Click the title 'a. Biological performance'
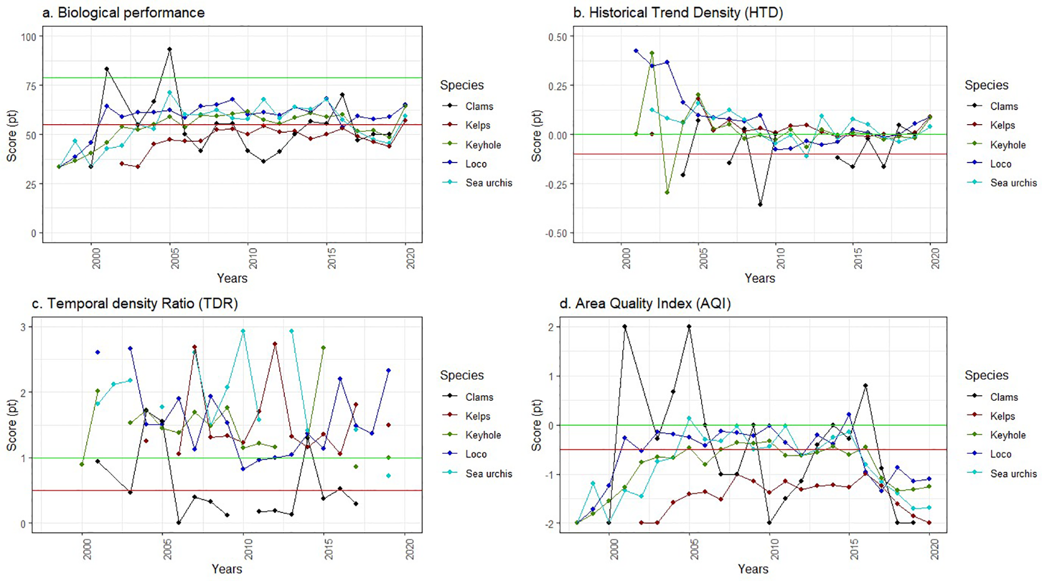pyautogui.click(x=123, y=13)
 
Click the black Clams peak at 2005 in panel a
pyautogui.click(x=169, y=49)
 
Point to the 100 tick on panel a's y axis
pyautogui.click(x=28, y=37)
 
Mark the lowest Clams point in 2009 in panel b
pyautogui.click(x=760, y=205)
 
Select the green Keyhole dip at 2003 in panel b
pyautogui.click(x=667, y=192)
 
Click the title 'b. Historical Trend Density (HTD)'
pyautogui.click(x=678, y=13)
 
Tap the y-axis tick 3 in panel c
pyautogui.click(x=23, y=327)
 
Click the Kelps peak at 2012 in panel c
pyautogui.click(x=275, y=344)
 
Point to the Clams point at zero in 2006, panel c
pyautogui.click(x=179, y=523)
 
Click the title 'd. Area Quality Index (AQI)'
pyautogui.click(x=645, y=304)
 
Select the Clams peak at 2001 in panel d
pyautogui.click(x=624, y=327)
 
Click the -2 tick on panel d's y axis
pyautogui.click(x=549, y=524)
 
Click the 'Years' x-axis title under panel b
pyautogui.click(x=759, y=278)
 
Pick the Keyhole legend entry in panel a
pyautogui.click(x=483, y=145)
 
